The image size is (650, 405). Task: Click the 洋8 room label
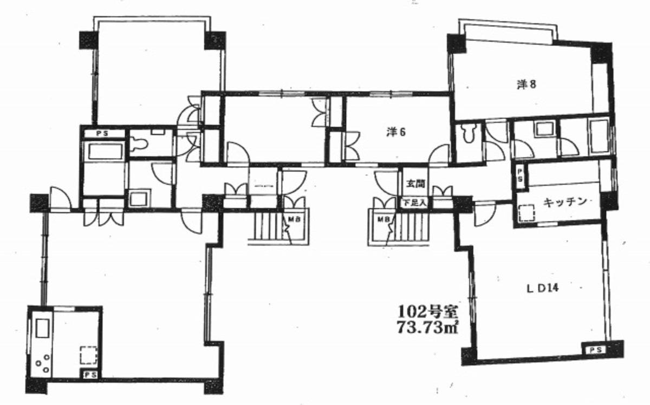526,84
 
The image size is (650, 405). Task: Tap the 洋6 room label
396,132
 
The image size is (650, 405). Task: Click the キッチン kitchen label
565,202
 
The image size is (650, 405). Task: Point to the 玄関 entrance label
415,184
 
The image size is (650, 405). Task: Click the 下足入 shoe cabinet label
415,203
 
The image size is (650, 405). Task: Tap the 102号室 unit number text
427,312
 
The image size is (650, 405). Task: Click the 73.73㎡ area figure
427,327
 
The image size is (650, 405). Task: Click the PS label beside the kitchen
520,175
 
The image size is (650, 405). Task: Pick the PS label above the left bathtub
102,134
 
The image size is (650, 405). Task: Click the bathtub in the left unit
105,152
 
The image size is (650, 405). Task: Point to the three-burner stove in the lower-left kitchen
43,363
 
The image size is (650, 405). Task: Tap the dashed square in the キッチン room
526,213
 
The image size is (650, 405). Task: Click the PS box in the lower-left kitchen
90,375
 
